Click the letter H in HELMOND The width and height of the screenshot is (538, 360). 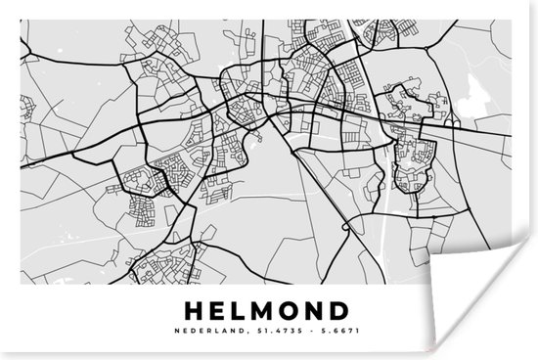(194, 312)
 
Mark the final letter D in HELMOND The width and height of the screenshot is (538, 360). (341, 312)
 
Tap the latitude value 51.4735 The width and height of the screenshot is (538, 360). (274, 334)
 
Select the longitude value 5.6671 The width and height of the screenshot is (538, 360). (330, 334)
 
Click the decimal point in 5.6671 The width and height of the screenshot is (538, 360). (317, 336)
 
